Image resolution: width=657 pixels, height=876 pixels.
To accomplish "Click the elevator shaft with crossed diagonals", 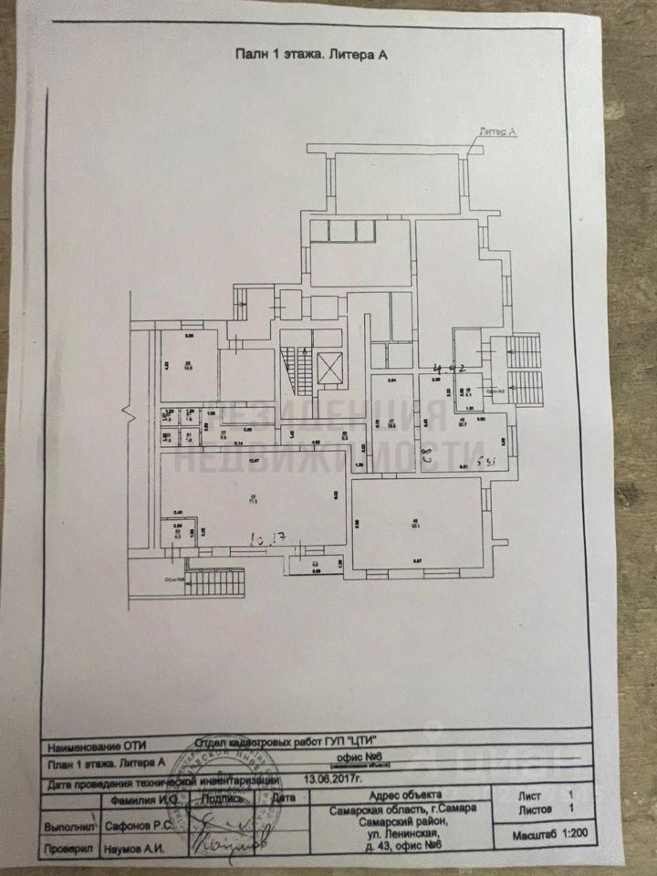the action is [x=329, y=369].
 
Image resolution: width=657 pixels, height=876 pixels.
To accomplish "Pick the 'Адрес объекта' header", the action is [x=401, y=796].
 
